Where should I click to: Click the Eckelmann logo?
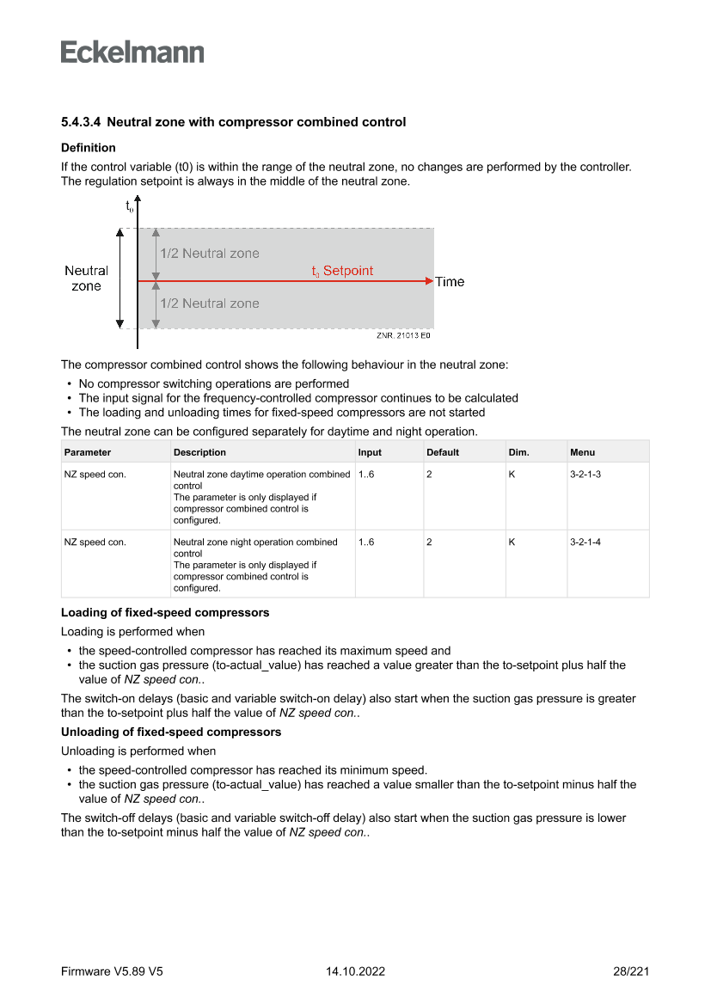[132, 52]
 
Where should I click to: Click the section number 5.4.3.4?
[81, 122]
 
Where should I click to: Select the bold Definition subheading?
[88, 148]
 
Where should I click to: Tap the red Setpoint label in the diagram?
[342, 271]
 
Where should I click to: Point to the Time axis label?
[450, 282]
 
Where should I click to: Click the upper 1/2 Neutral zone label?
[209, 254]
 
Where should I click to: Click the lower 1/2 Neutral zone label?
[209, 303]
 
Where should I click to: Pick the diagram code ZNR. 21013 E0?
[402, 336]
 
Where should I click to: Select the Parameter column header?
[88, 452]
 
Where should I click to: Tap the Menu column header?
[582, 452]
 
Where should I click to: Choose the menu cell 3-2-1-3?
[585, 475]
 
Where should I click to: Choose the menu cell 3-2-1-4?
[585, 542]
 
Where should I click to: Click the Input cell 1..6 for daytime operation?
[366, 475]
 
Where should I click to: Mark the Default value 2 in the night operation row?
[429, 542]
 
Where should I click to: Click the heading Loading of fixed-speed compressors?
[165, 613]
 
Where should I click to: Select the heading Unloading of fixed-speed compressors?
[171, 732]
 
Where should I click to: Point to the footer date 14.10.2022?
[355, 971]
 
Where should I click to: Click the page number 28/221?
[631, 971]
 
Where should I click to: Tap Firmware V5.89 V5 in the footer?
[112, 971]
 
